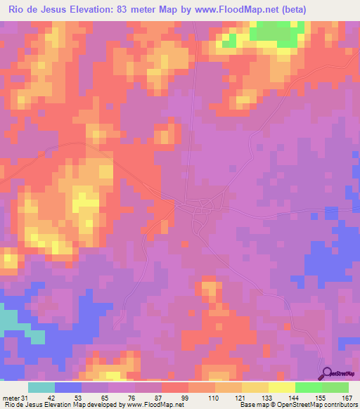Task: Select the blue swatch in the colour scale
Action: (68, 387)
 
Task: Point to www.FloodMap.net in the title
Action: (246, 8)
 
